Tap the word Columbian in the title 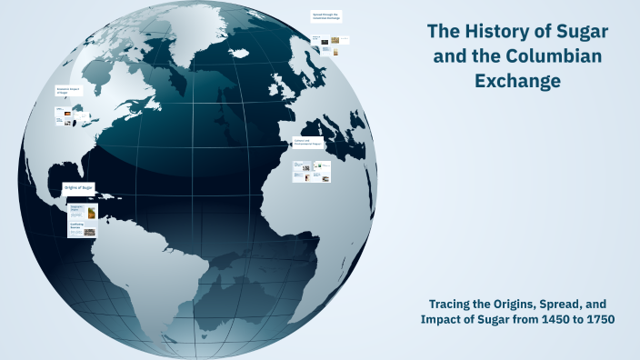click(x=555, y=56)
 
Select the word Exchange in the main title click(x=517, y=81)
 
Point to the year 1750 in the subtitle click(x=597, y=319)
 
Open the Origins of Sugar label click(x=79, y=187)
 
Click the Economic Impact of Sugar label click(x=69, y=91)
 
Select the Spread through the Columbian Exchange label click(x=325, y=16)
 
